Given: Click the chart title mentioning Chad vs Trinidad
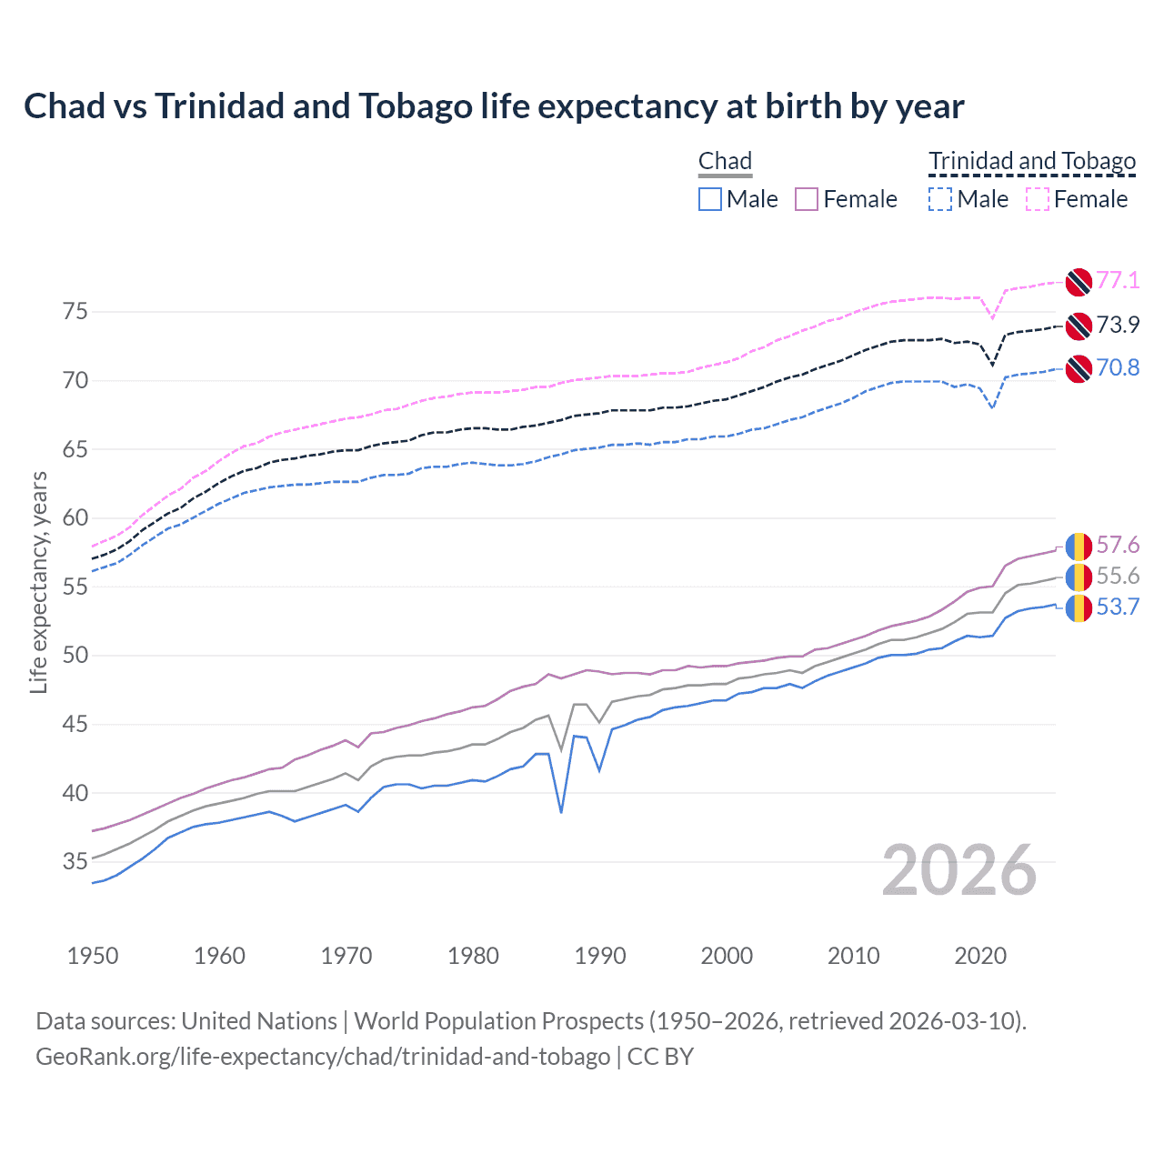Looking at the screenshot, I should point(494,106).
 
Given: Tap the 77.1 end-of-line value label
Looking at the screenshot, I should point(1118,280).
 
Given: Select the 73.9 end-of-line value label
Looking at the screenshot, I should point(1118,325).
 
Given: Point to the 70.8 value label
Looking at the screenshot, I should point(1118,367).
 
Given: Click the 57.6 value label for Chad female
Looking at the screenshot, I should point(1118,545).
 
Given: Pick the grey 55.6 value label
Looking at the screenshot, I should point(1118,576).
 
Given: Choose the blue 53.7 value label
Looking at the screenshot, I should point(1118,607).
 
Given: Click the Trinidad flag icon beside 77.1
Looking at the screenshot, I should point(1079,282).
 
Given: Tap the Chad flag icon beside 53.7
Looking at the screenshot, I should point(1079,607).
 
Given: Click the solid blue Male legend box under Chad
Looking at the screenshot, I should point(710,199).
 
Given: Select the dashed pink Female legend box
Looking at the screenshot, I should point(1038,199).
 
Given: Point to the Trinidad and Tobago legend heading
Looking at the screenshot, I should point(1032,161).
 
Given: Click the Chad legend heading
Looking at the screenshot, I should point(725,161).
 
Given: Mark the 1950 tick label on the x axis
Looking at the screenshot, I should point(93,956).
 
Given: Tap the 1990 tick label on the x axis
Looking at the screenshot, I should point(600,956).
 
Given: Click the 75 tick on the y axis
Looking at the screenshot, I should point(75,312).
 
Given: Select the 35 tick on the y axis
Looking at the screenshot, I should point(75,861).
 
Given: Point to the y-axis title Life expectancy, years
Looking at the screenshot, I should point(38,582).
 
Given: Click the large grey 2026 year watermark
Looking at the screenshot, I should point(959,870).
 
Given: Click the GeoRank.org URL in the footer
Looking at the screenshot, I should point(323,1057).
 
